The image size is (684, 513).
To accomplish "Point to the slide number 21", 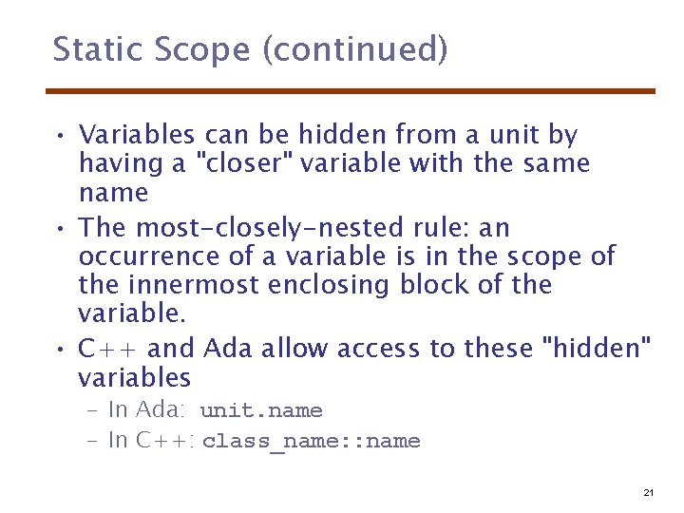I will tap(649, 492).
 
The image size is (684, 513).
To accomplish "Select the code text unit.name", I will tap(261, 411).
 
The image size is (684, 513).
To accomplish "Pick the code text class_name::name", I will tap(311, 442).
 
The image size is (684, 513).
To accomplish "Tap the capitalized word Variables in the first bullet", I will tap(137, 135).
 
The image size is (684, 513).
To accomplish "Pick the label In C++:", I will tap(152, 440).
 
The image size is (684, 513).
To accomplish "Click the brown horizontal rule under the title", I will tap(351, 91).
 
